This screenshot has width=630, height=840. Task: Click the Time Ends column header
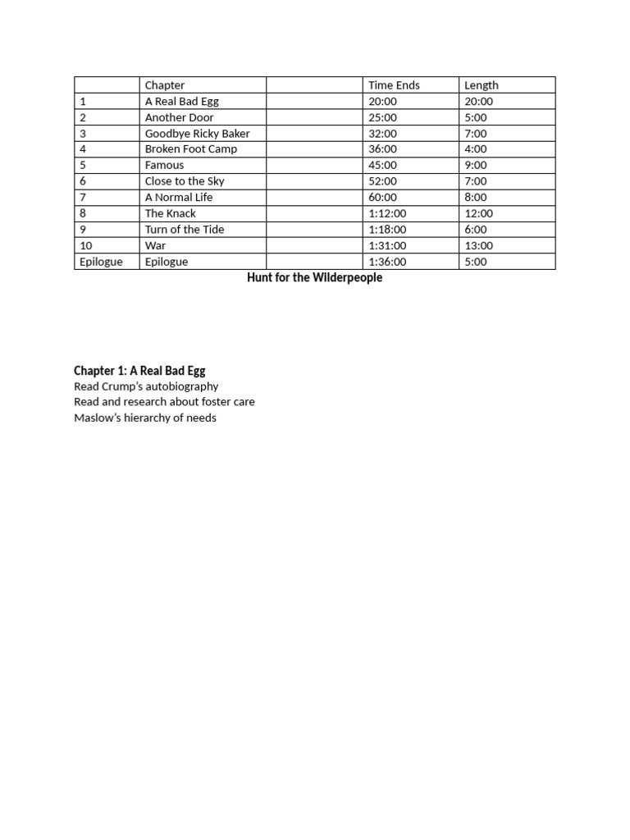(394, 85)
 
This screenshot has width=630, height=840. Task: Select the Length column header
(481, 85)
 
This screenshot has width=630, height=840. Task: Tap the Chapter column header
(165, 85)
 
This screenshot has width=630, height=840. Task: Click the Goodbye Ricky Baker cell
(197, 134)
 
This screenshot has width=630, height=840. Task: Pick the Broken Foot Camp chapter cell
(190, 149)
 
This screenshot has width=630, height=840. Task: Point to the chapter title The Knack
(170, 213)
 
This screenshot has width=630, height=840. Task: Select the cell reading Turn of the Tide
(184, 230)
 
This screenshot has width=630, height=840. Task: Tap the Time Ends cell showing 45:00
(383, 165)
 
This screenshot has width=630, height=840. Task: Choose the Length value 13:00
(478, 245)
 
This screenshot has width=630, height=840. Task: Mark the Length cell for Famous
(476, 165)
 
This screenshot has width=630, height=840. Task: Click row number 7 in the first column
(83, 198)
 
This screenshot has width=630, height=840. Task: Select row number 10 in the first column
(85, 245)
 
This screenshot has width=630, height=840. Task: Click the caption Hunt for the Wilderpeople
(314, 278)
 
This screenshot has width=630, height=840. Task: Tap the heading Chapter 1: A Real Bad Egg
(139, 371)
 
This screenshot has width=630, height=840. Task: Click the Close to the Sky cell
(185, 181)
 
